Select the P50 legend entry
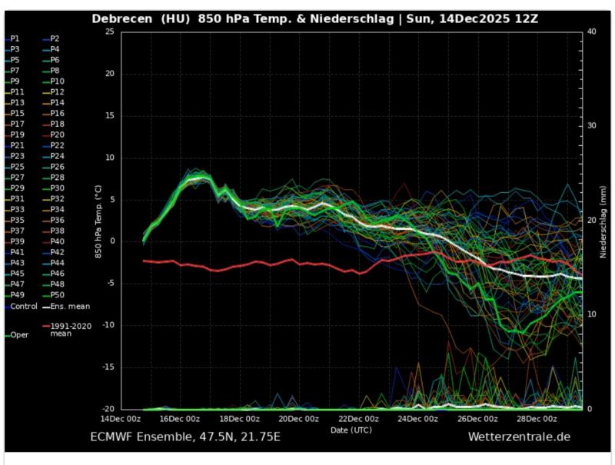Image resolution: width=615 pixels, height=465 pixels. (x=57, y=295)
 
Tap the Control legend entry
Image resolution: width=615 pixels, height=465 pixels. (x=23, y=306)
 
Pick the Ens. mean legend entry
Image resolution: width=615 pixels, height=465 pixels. (x=70, y=306)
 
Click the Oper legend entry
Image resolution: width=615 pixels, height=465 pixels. (x=19, y=334)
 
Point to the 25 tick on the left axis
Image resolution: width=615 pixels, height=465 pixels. (x=108, y=32)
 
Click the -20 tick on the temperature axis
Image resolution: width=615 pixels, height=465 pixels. (x=107, y=409)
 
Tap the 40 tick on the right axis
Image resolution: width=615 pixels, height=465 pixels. (x=591, y=32)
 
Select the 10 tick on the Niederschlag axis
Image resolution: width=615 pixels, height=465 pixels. (x=591, y=314)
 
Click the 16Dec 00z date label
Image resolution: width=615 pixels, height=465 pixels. (x=180, y=419)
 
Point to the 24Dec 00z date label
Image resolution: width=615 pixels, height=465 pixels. (x=418, y=419)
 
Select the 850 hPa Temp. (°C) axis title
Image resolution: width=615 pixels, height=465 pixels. (x=99, y=220)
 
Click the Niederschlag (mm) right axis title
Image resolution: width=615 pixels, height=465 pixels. (x=603, y=220)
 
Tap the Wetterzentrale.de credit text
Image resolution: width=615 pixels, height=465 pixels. (x=519, y=437)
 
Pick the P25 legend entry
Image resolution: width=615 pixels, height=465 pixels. (x=16, y=167)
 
